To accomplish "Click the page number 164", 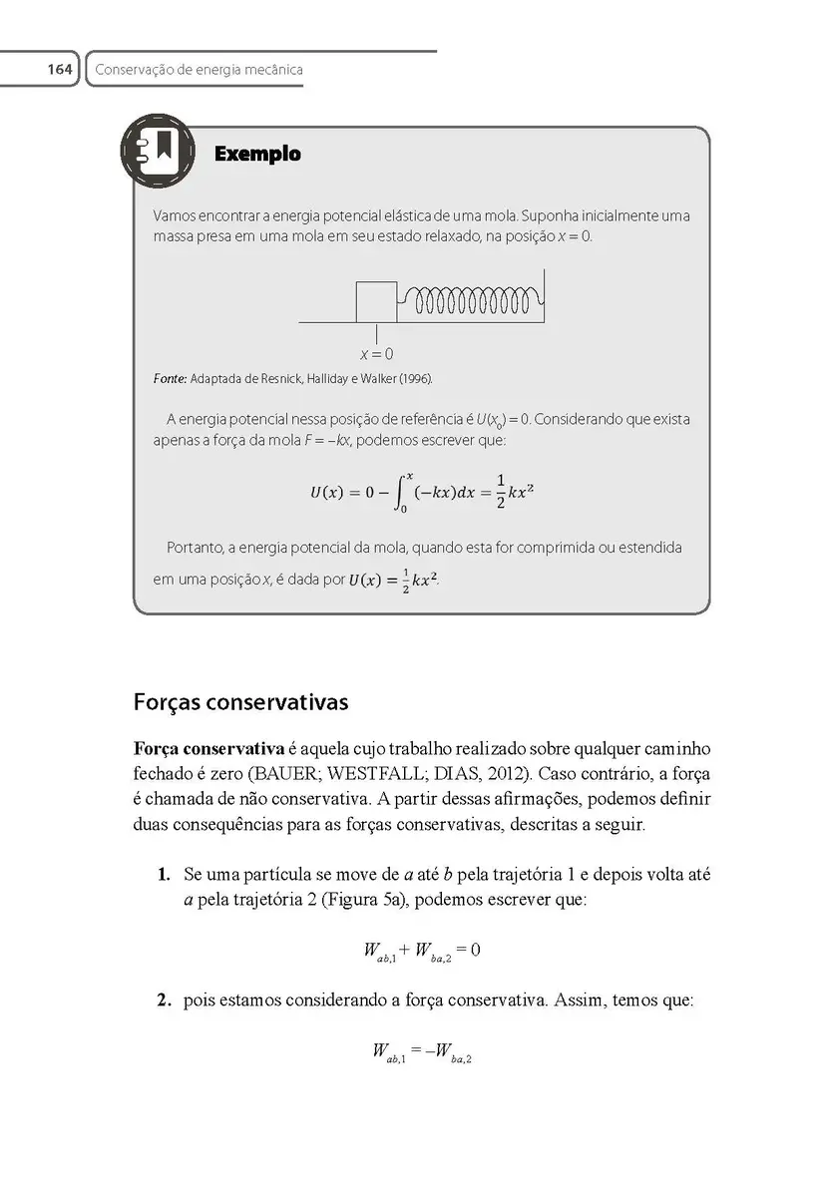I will pyautogui.click(x=59, y=70).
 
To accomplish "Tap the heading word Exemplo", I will pyautogui.click(x=257, y=155).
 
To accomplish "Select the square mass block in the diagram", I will pyautogui.click(x=376, y=302).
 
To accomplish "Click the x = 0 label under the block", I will pyautogui.click(x=376, y=354).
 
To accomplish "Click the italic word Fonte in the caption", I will pyautogui.click(x=170, y=379).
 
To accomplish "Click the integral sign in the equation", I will pyautogui.click(x=404, y=492).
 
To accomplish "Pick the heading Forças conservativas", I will pyautogui.click(x=240, y=702).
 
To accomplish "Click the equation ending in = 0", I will pyautogui.click(x=422, y=951).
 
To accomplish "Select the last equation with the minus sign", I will pyautogui.click(x=422, y=1051).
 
